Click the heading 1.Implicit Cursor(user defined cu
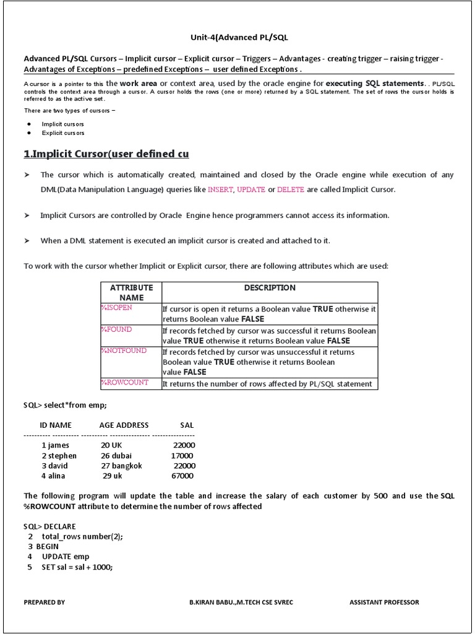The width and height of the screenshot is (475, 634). point(106,154)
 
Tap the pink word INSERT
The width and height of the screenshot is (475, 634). point(221,189)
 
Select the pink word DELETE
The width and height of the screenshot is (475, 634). point(291,189)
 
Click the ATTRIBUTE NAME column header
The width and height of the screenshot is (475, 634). point(131,292)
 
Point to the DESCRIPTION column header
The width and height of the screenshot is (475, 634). point(270,288)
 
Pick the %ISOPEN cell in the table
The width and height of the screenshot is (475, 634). point(116,308)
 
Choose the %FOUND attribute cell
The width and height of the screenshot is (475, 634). point(116,329)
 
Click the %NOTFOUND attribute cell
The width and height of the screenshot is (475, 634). point(124,351)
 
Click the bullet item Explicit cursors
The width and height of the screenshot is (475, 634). point(63,133)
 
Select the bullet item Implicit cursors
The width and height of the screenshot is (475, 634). point(63,124)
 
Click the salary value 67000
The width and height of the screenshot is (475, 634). point(182,476)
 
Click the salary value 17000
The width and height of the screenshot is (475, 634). point(182,456)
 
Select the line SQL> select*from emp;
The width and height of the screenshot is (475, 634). point(65,405)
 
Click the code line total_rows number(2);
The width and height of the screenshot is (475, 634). point(82,537)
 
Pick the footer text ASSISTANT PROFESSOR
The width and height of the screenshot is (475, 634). point(383,602)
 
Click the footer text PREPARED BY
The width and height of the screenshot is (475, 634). point(44,602)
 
